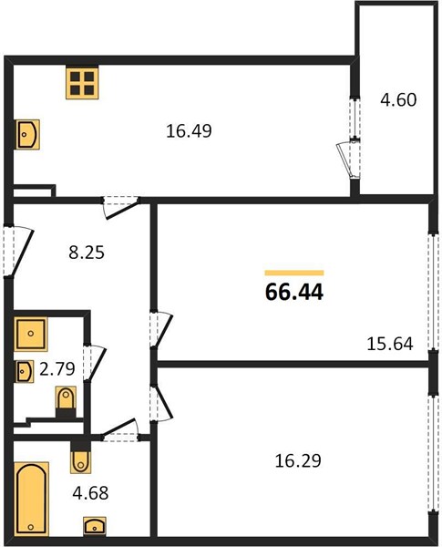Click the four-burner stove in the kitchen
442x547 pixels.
pos(82,83)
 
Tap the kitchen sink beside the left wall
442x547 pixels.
pos(27,134)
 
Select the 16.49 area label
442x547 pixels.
pos(189,131)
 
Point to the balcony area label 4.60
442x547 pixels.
pos(398,99)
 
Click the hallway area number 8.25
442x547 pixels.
pos(87,253)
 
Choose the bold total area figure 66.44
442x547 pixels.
pos(294,292)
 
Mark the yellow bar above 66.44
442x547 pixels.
pos(294,273)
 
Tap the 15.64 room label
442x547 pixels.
pos(390,344)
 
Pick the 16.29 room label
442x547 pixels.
pos(298,460)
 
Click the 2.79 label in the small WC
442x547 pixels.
pos(57,368)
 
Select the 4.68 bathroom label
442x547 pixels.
pos(90,493)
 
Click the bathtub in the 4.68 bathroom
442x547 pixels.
pos(31,499)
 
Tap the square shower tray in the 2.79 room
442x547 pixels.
pos(31,334)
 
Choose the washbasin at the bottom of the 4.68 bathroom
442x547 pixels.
pos(95,526)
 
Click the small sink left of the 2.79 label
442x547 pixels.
pos(24,372)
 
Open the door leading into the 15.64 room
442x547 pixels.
pos(160,329)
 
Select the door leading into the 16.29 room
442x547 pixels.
pos(160,403)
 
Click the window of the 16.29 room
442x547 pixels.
pos(434,454)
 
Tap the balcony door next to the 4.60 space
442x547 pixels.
pos(349,160)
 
